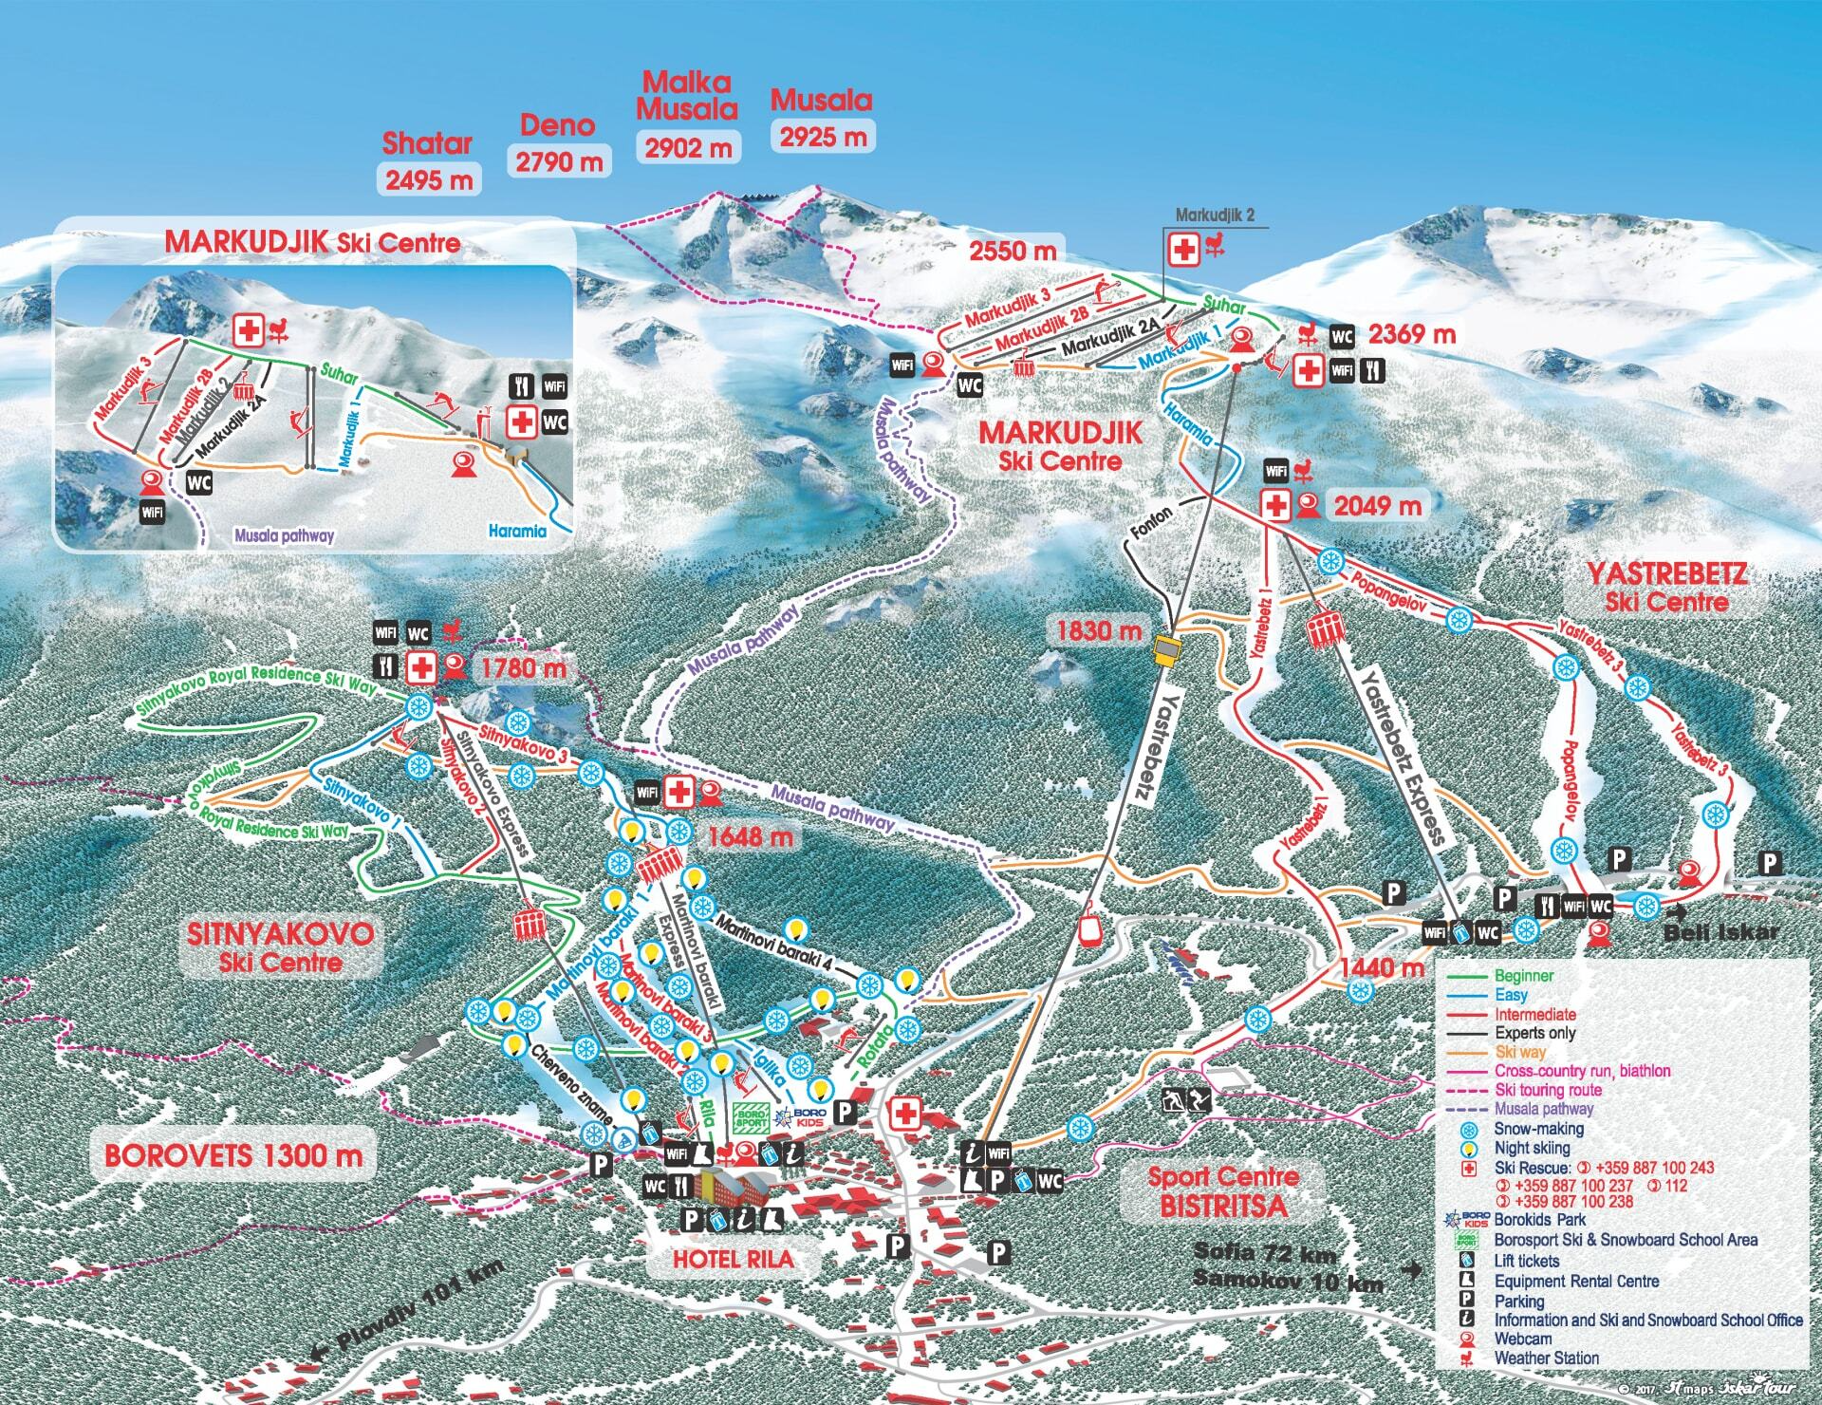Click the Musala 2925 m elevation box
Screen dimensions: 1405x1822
pos(823,137)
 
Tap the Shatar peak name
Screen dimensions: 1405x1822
pos(427,143)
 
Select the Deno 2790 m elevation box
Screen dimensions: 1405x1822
pos(559,161)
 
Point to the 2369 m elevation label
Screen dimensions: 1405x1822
pos(1411,334)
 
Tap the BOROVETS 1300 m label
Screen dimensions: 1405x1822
pos(233,1155)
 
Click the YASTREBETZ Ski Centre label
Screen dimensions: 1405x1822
pos(1666,587)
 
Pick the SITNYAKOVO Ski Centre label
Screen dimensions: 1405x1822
pos(280,946)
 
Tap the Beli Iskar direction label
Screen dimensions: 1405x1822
pos(1720,932)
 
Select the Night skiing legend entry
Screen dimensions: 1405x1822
pos(1531,1148)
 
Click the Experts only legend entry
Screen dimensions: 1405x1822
pos(1534,1033)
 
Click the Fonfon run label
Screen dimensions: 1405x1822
pos(1151,525)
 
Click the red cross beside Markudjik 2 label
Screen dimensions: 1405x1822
pos(1184,252)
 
